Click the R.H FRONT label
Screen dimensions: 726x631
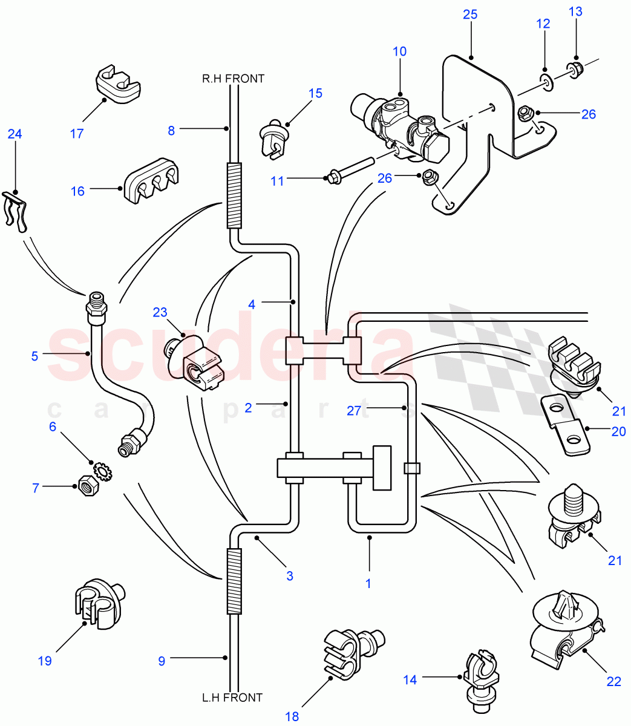pos(233,78)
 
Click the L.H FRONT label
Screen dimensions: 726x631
pos(232,698)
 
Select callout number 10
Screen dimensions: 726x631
pos(399,51)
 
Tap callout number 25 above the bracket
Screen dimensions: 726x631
pos(470,15)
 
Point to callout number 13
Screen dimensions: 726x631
pos(575,11)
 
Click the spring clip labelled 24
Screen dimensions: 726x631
pos(17,212)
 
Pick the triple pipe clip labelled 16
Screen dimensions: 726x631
pos(153,181)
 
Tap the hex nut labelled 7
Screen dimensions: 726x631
pos(86,486)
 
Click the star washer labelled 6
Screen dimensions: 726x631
pos(102,469)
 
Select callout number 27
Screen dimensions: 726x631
pos(354,411)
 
